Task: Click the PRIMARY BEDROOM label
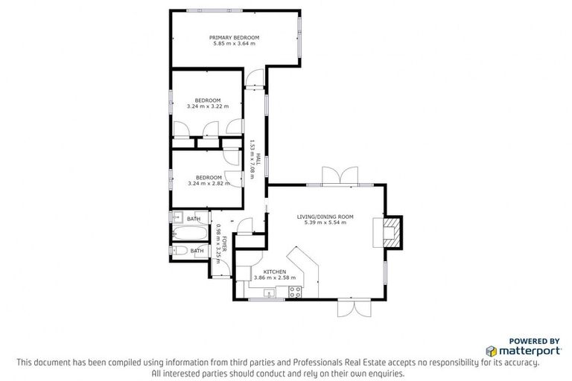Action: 234,37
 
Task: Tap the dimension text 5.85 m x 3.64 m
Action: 234,44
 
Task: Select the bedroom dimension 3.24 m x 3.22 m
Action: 208,106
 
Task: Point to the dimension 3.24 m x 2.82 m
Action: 208,183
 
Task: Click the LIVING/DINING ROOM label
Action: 325,217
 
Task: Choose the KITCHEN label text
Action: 269,272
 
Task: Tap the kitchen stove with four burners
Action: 293,292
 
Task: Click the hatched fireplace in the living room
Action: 391,231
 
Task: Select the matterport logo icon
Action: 492,350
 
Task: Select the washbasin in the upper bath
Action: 177,217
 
